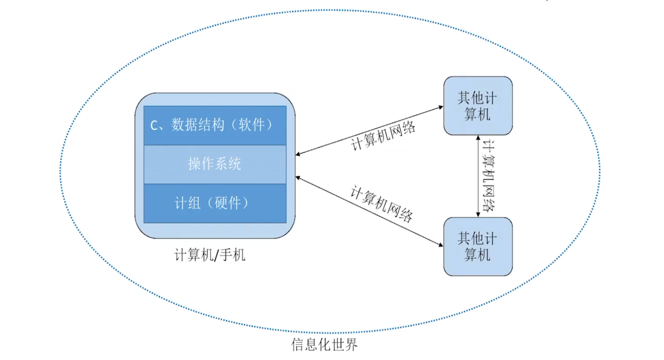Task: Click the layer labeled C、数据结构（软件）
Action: pyautogui.click(x=215, y=125)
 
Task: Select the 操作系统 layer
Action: pyautogui.click(x=215, y=164)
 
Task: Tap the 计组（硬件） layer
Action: pyautogui.click(x=215, y=203)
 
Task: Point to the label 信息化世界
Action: pyautogui.click(x=324, y=345)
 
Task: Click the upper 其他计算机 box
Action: pyautogui.click(x=478, y=106)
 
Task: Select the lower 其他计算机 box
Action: pyautogui.click(x=478, y=246)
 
